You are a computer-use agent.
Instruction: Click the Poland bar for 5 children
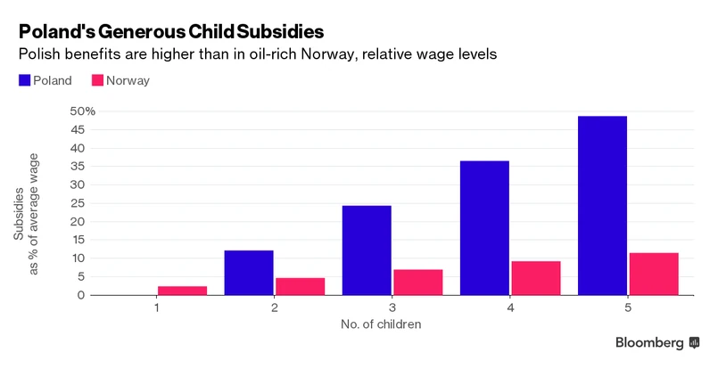pos(602,205)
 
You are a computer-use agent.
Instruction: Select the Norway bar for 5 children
pos(654,274)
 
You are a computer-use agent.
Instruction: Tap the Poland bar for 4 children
pos(484,227)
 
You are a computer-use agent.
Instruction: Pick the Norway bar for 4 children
pos(536,278)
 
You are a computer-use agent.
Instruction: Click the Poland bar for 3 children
pos(367,250)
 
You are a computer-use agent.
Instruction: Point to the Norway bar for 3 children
pos(418,282)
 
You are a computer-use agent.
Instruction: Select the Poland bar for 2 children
pos(249,272)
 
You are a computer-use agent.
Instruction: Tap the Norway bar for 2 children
pos(300,286)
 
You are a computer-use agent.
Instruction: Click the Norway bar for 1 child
pos(182,290)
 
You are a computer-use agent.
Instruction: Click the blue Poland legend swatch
pos(24,80)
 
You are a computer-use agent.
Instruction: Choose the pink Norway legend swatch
pos(97,80)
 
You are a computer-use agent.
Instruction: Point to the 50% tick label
pos(83,111)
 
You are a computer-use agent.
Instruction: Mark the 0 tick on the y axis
pos(81,295)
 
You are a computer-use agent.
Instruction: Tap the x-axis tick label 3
pos(392,307)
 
